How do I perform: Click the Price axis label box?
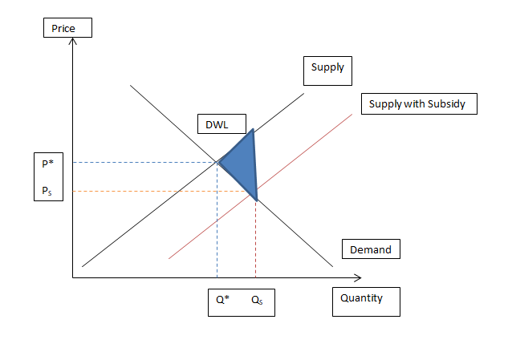click(67, 29)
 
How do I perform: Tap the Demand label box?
click(371, 250)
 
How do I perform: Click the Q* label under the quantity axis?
click(221, 301)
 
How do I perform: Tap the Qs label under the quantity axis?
click(257, 301)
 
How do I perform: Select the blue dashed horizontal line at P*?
click(144, 163)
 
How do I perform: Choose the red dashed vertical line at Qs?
click(255, 241)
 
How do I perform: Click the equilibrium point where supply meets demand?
click(217, 163)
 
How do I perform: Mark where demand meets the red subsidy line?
click(255, 197)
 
